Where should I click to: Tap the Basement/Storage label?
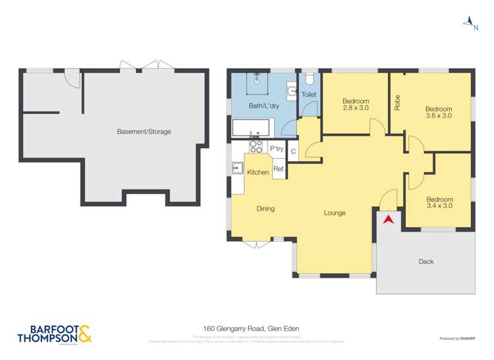tap(144, 132)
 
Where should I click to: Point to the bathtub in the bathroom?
tap(252, 128)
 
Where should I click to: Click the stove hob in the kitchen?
tap(256, 147)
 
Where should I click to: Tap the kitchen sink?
tap(237, 168)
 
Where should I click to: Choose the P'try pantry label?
tap(277, 149)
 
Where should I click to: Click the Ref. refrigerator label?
tap(279, 170)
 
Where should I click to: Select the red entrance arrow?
tap(389, 219)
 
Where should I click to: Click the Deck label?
tap(426, 262)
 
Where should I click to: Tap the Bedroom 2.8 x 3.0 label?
tap(354, 105)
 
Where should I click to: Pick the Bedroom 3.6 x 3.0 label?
tap(438, 112)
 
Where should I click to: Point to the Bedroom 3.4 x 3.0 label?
tap(439, 203)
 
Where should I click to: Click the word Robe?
tap(397, 103)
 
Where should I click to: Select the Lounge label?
tap(335, 213)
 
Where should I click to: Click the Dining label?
tap(265, 209)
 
